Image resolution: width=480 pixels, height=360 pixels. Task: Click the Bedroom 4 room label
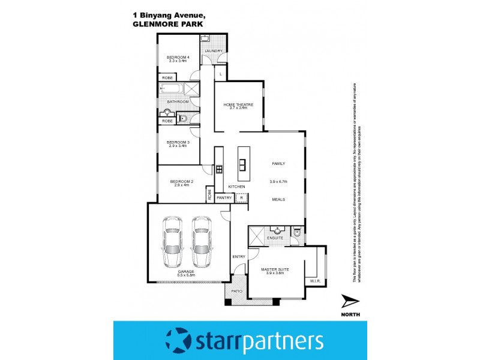[178, 57]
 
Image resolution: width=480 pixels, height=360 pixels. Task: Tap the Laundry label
[213, 51]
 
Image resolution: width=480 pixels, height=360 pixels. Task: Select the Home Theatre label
[239, 104]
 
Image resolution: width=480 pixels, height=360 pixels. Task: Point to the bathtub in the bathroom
[170, 91]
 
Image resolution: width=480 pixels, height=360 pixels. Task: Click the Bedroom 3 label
[178, 142]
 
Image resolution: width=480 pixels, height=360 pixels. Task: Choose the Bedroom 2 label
[182, 181]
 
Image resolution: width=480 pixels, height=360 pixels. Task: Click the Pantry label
[223, 197]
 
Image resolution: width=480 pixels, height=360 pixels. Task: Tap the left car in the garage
[172, 242]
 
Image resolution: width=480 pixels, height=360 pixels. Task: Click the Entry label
[239, 257]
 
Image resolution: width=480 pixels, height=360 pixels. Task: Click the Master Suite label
[275, 269]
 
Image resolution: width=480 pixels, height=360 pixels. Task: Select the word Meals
[278, 200]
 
